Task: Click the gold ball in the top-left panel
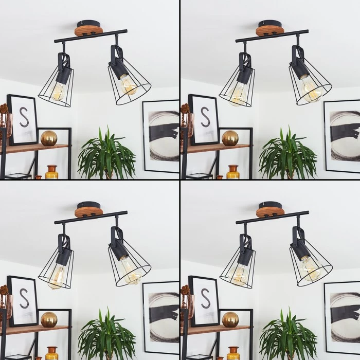click(x=49, y=138)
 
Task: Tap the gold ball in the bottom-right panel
click(x=230, y=319)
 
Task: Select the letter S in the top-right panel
click(x=205, y=117)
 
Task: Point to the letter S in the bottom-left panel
click(x=24, y=298)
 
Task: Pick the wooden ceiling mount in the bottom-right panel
click(x=267, y=213)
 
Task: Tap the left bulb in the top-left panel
click(x=58, y=91)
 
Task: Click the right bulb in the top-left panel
click(x=128, y=84)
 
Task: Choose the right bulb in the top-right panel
click(x=311, y=89)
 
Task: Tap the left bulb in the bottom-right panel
click(x=239, y=274)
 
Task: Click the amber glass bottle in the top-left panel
click(x=51, y=172)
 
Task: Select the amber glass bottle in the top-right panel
click(x=233, y=172)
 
